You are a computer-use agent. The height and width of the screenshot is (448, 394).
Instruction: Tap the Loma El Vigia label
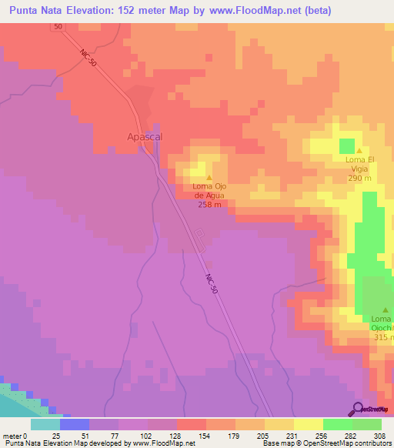pos(359,164)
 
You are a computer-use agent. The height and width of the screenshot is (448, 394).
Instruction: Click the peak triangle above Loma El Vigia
pos(359,151)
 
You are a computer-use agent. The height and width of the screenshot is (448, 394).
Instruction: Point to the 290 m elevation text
pos(359,178)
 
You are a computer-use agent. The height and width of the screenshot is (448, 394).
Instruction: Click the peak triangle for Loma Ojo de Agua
pos(210,178)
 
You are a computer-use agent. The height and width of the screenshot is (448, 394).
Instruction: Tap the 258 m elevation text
pos(211,205)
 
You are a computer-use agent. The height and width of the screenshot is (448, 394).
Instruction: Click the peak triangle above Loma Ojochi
pos(386,310)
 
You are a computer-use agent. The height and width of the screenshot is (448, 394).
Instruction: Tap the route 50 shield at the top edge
pos(58,26)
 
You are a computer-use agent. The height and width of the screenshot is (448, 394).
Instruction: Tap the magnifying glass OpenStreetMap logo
pos(357,408)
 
